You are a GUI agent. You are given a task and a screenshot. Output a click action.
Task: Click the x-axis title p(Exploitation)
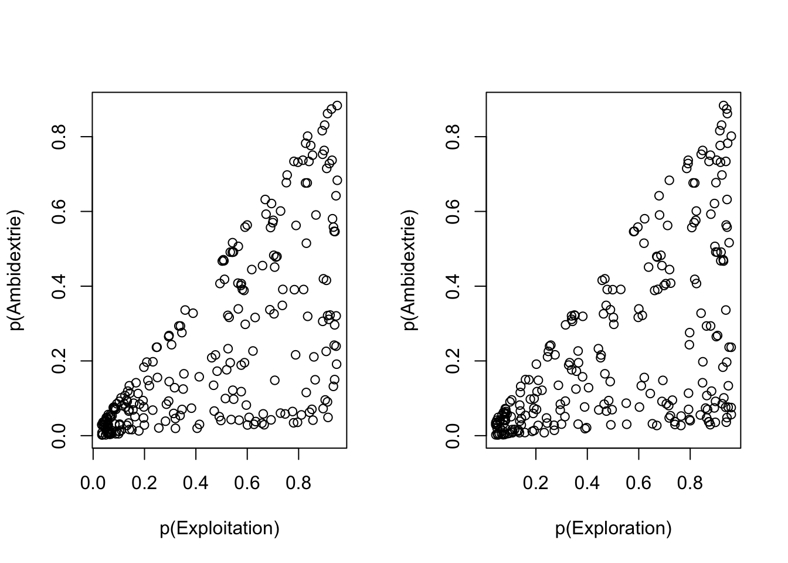[219, 528]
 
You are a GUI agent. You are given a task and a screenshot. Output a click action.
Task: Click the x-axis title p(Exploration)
[613, 528]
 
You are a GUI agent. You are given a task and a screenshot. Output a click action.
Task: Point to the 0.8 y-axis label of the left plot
[59, 137]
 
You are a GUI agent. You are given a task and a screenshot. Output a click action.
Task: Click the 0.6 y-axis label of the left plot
[59, 211]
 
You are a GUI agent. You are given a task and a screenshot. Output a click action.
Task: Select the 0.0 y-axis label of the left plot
[59, 435]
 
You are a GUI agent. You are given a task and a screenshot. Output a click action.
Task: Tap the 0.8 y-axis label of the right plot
[453, 137]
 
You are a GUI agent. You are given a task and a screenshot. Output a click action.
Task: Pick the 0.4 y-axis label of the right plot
[453, 286]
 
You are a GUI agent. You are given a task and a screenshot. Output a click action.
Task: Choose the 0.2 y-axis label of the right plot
[453, 361]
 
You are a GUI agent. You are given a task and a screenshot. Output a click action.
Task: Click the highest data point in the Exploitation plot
[337, 106]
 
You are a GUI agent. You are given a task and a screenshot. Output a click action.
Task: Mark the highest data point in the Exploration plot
[724, 106]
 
